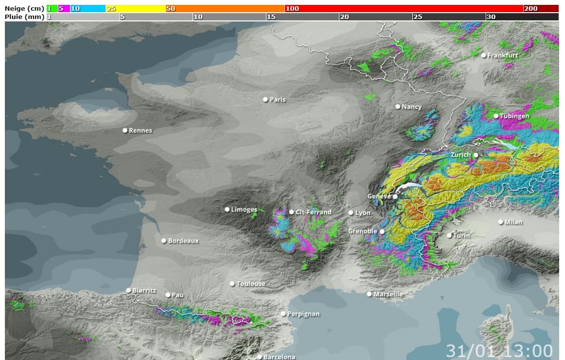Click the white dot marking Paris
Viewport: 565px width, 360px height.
click(265, 99)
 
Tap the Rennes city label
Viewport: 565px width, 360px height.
click(141, 130)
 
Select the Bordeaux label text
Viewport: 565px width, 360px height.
click(183, 241)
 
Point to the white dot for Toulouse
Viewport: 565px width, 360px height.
click(232, 284)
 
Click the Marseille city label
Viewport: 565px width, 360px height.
click(388, 294)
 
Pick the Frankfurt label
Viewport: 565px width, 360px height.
click(503, 55)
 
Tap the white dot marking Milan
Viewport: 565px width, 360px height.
click(501, 222)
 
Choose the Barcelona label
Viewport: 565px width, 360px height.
click(279, 357)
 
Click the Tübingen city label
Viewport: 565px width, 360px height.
click(514, 116)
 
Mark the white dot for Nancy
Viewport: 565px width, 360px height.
click(398, 107)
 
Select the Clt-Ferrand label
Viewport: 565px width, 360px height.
click(314, 212)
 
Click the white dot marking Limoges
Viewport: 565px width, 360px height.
click(227, 209)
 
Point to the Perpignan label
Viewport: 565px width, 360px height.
click(303, 314)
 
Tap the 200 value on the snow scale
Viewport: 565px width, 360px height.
click(530, 9)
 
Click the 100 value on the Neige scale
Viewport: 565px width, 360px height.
click(292, 9)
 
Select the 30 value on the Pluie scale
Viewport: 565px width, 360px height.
click(491, 17)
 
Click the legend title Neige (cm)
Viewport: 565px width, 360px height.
click(24, 9)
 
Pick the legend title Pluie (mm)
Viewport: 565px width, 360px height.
click(24, 17)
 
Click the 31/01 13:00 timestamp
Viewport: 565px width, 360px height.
click(499, 350)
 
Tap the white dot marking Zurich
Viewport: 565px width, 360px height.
click(476, 155)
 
